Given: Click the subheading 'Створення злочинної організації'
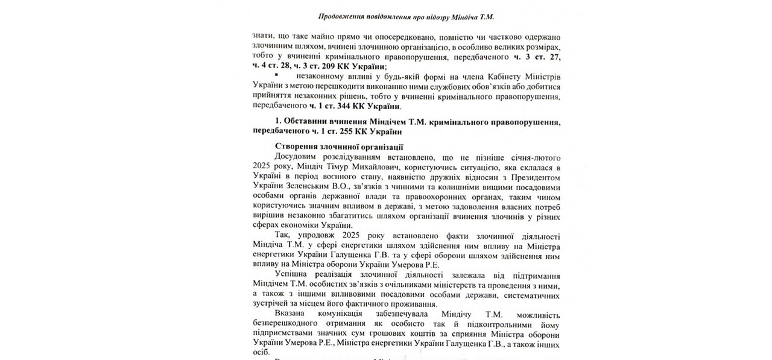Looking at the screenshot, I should [x=338, y=146].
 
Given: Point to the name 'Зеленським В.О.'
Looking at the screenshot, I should [x=313, y=187].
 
